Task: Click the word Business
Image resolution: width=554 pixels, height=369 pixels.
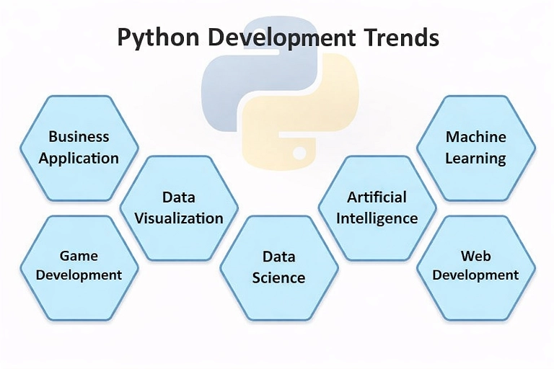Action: tap(79, 137)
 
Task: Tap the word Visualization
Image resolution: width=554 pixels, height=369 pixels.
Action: tap(179, 218)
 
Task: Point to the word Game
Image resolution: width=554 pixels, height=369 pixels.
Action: tap(79, 256)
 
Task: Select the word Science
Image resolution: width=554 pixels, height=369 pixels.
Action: tap(278, 277)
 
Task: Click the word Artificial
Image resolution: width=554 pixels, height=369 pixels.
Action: tap(377, 197)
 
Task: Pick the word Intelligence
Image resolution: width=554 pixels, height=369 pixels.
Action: tap(377, 218)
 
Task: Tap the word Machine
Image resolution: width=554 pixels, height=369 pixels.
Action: tap(476, 137)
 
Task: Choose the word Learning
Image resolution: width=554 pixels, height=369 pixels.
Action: tap(476, 158)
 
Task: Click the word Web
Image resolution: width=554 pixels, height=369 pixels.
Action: tap(476, 256)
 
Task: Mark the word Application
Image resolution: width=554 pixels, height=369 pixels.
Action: tap(79, 158)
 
